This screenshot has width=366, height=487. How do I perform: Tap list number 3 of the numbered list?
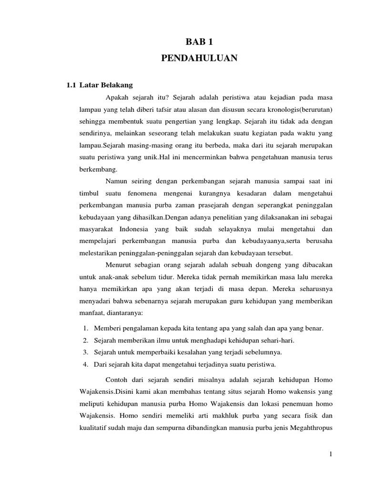[x=84, y=352]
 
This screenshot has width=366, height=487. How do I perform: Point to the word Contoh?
[x=117, y=380]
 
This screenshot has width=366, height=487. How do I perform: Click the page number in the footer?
[x=330, y=455]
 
